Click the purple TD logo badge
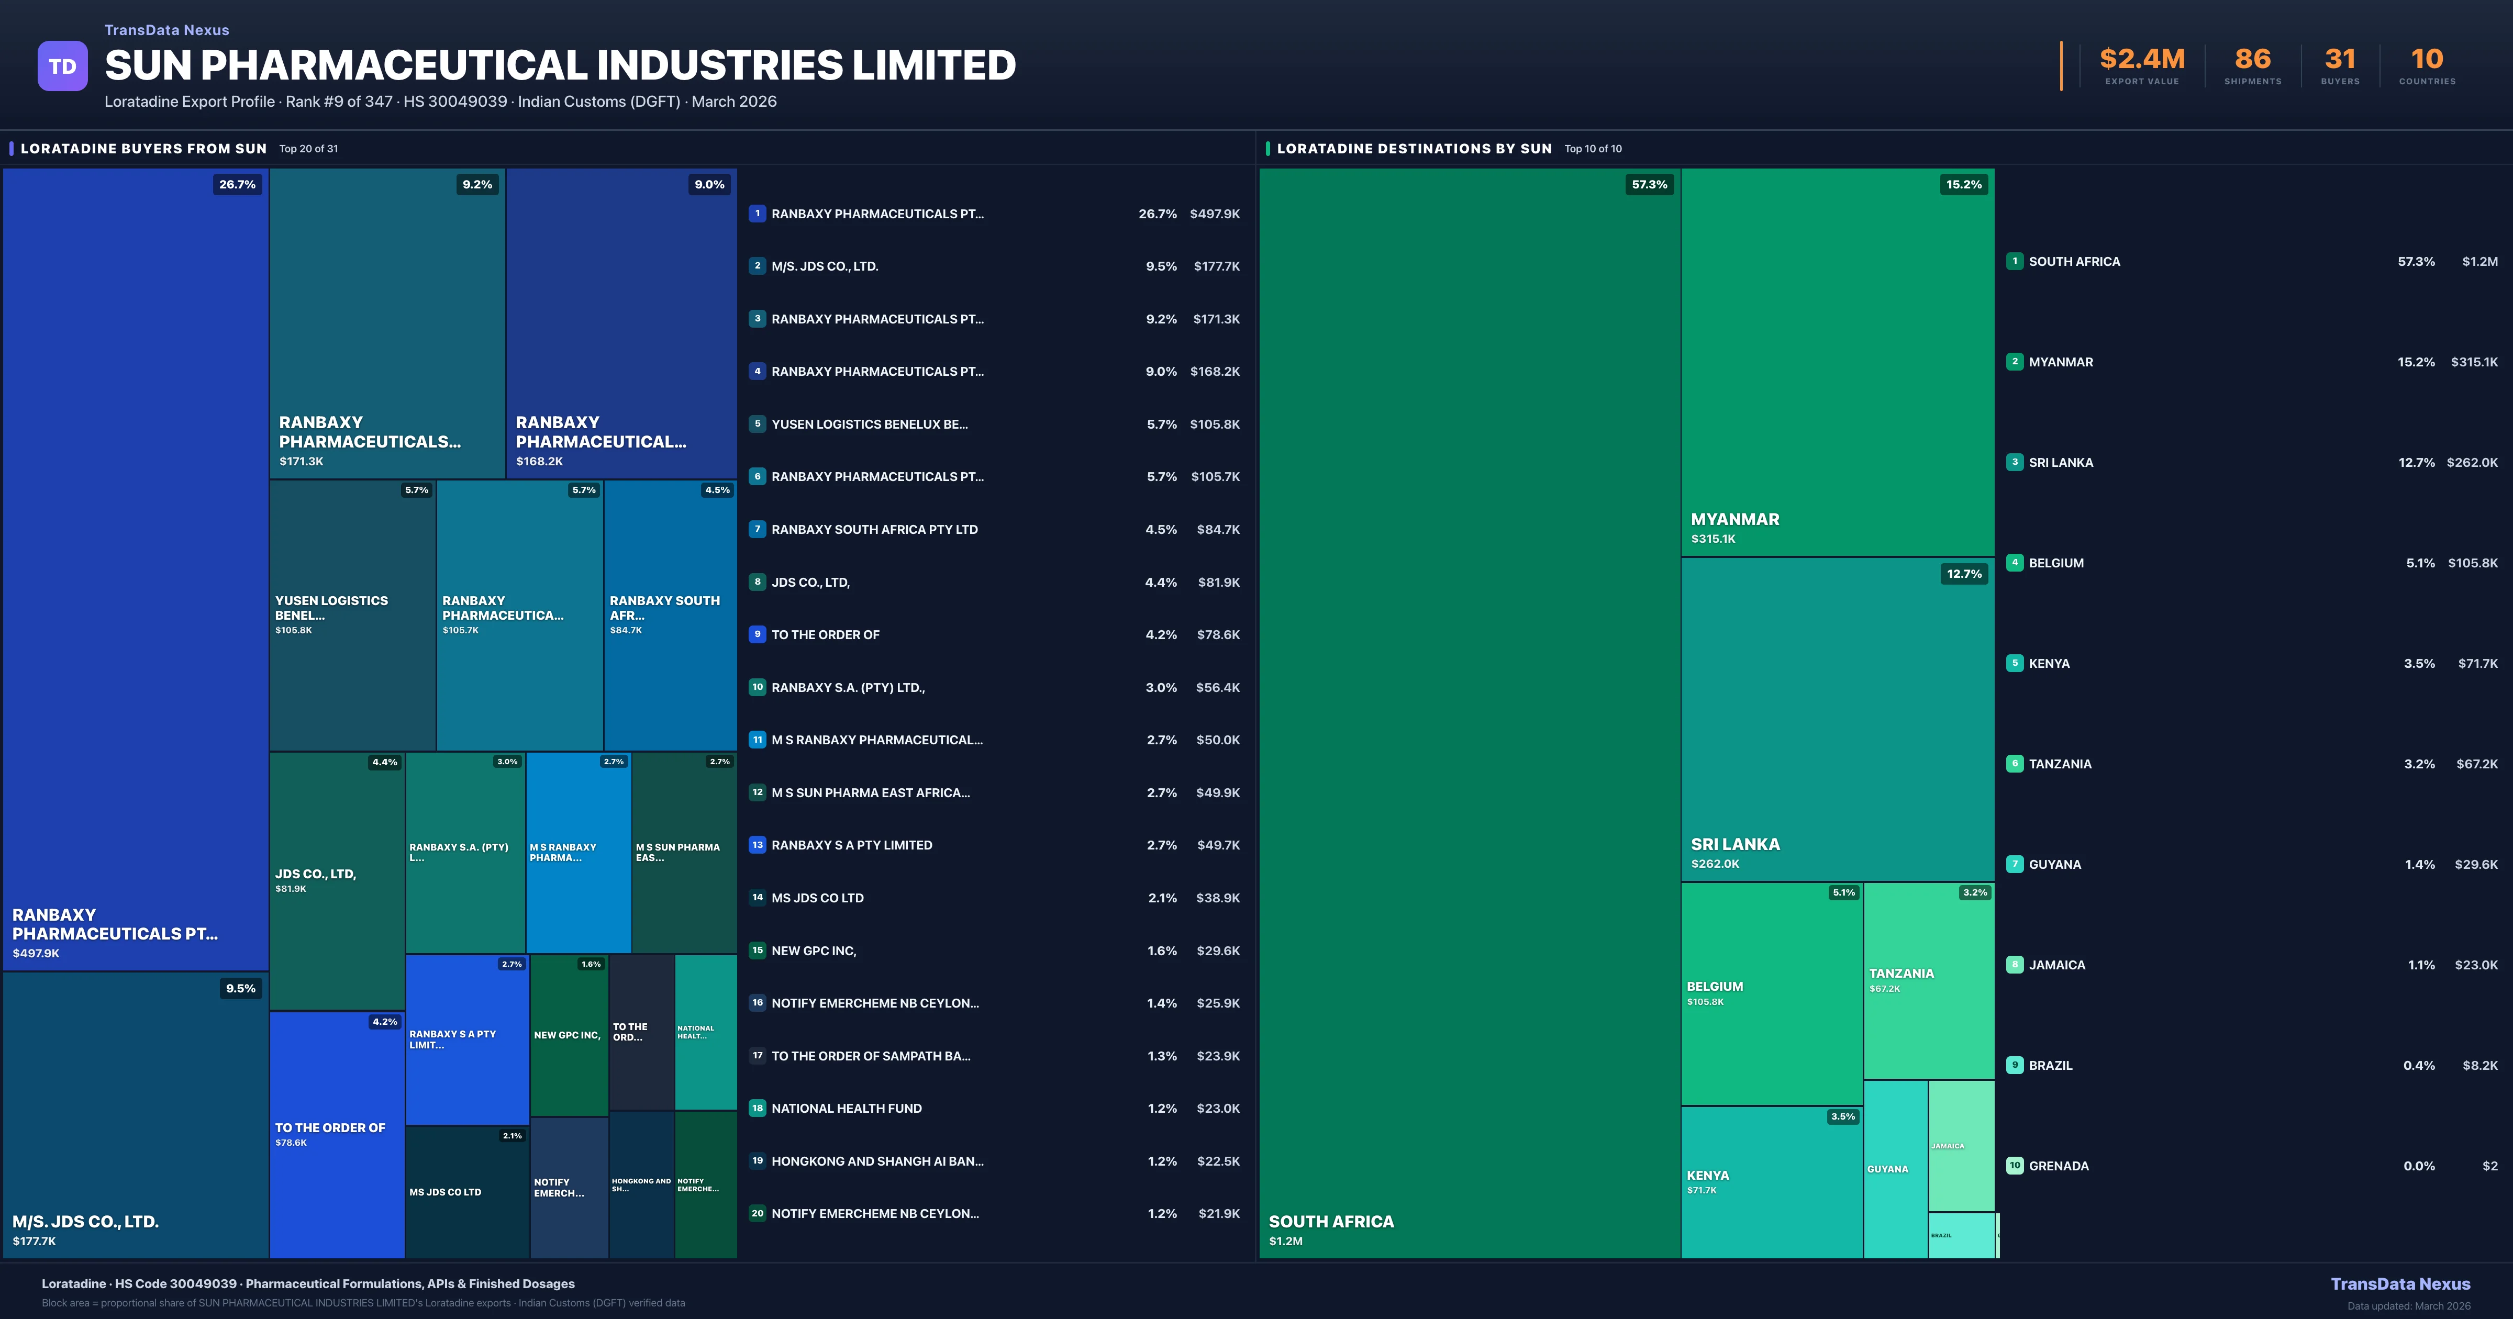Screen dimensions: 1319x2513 [x=62, y=66]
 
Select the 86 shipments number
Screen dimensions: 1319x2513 [x=2252, y=60]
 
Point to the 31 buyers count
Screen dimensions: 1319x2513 [x=2339, y=60]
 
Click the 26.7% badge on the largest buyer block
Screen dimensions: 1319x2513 [x=237, y=184]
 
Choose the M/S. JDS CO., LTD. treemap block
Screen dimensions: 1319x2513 [x=136, y=1114]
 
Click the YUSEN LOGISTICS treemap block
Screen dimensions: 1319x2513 [x=352, y=614]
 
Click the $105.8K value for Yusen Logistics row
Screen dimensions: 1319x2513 [x=1215, y=424]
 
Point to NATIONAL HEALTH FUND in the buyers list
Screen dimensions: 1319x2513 [x=846, y=1108]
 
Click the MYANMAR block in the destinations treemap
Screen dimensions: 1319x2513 [x=1837, y=362]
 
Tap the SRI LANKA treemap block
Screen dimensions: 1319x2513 [x=1837, y=719]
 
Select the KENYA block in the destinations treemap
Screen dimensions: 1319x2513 [x=1771, y=1181]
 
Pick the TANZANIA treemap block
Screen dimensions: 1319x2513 [x=1928, y=980]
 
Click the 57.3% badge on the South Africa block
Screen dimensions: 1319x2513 [x=1649, y=184]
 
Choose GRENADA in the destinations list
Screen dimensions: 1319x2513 [x=2059, y=1166]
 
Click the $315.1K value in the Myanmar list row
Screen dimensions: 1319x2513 [x=2473, y=362]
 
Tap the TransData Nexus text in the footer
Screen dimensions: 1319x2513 [x=2400, y=1284]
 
